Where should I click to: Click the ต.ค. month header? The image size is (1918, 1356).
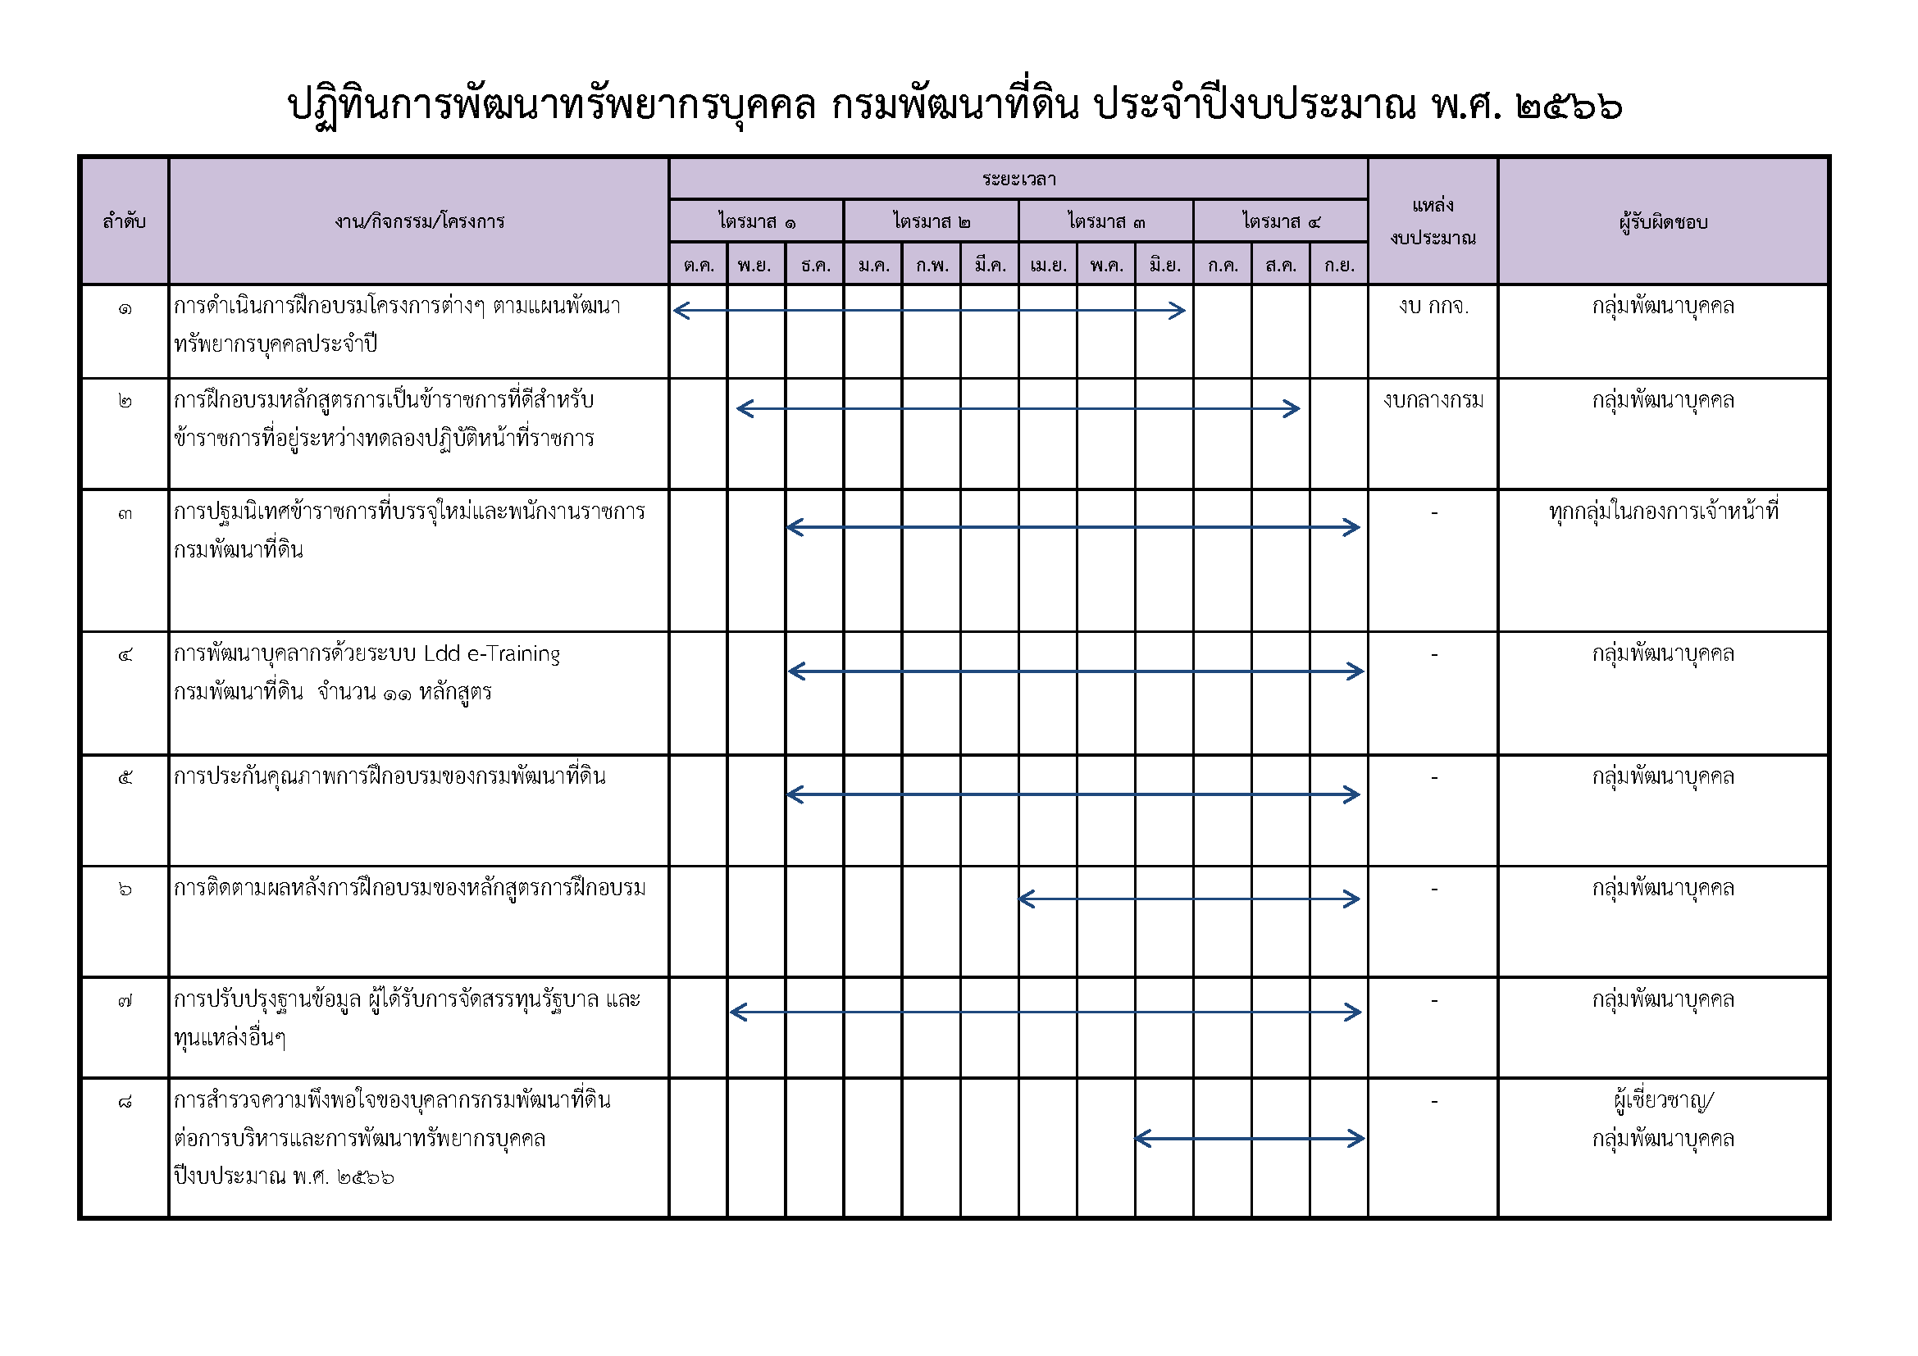[x=699, y=266]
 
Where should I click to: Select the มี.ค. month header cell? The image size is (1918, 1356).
[x=989, y=266]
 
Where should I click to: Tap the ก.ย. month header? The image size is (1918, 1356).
[x=1339, y=266]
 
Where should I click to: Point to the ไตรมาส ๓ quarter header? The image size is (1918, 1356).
[x=1106, y=222]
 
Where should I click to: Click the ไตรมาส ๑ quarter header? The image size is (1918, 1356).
[x=757, y=222]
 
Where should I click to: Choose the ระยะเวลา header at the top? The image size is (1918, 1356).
[x=1018, y=180]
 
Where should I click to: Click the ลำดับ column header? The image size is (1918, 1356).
[x=125, y=222]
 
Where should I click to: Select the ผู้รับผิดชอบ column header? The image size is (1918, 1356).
[x=1663, y=222]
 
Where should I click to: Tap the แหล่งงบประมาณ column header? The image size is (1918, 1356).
[x=1433, y=222]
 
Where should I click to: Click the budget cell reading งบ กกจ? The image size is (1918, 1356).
[x=1433, y=307]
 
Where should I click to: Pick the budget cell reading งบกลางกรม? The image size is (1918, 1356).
[x=1433, y=401]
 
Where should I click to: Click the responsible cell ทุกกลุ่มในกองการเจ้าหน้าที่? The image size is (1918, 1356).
[x=1663, y=511]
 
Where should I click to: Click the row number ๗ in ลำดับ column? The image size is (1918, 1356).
[x=125, y=1000]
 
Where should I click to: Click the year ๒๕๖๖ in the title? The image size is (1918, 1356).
[x=1569, y=107]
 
